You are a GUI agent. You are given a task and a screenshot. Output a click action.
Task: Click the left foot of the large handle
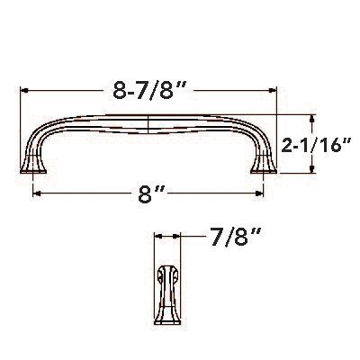tap(34, 166)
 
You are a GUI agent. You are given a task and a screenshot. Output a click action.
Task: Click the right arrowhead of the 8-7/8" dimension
tap(274, 91)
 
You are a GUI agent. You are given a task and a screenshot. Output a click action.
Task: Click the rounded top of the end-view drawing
tap(167, 269)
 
